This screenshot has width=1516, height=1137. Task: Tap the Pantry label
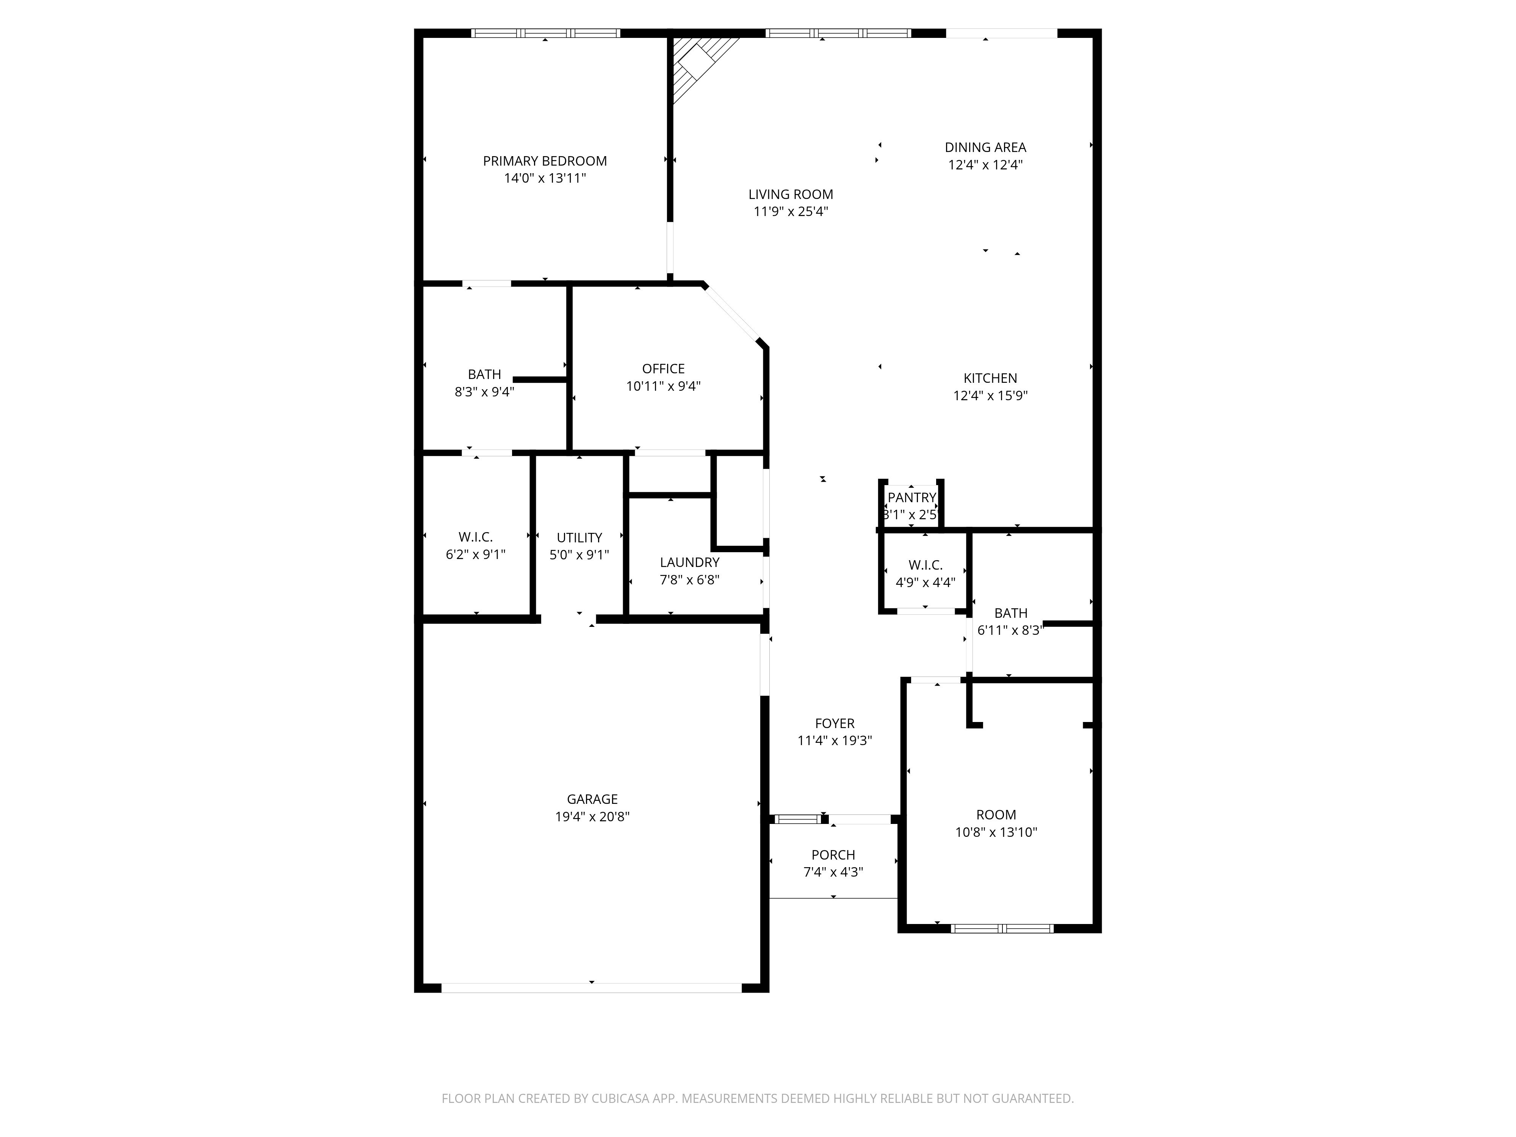[x=911, y=498]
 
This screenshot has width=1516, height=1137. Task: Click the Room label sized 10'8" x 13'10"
[x=996, y=815]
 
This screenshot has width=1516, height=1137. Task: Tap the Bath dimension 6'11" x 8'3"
[x=1010, y=631]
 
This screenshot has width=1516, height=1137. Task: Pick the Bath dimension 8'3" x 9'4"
[x=484, y=392]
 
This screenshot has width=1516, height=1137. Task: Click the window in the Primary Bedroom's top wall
[x=545, y=33]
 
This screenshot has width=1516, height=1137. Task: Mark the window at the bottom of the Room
[x=1002, y=929]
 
